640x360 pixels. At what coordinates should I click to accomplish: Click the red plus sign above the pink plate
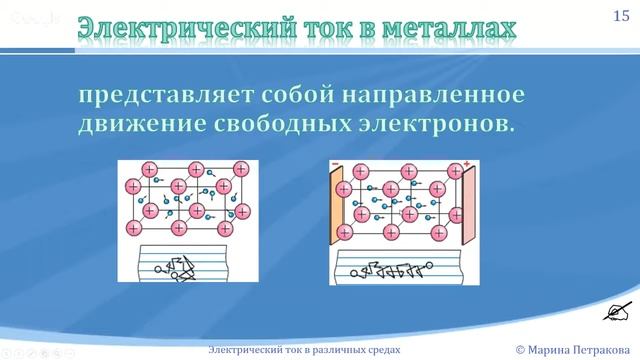[x=466, y=161]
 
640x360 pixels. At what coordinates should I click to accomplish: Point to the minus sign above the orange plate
[x=337, y=163]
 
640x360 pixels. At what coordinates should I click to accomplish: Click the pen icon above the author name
[x=615, y=314]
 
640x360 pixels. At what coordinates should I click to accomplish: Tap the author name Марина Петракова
[x=583, y=349]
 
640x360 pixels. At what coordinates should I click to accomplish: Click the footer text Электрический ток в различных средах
[x=304, y=349]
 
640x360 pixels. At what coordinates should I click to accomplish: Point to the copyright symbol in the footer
[x=520, y=349]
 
